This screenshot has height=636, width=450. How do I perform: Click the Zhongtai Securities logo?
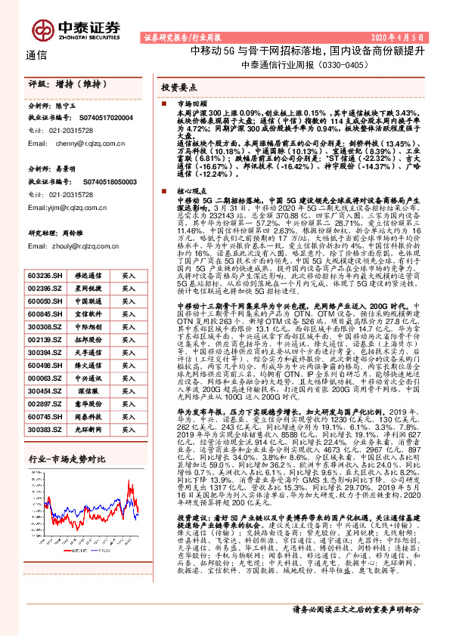tap(76, 29)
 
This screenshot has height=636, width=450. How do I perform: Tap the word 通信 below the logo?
tap(36, 56)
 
